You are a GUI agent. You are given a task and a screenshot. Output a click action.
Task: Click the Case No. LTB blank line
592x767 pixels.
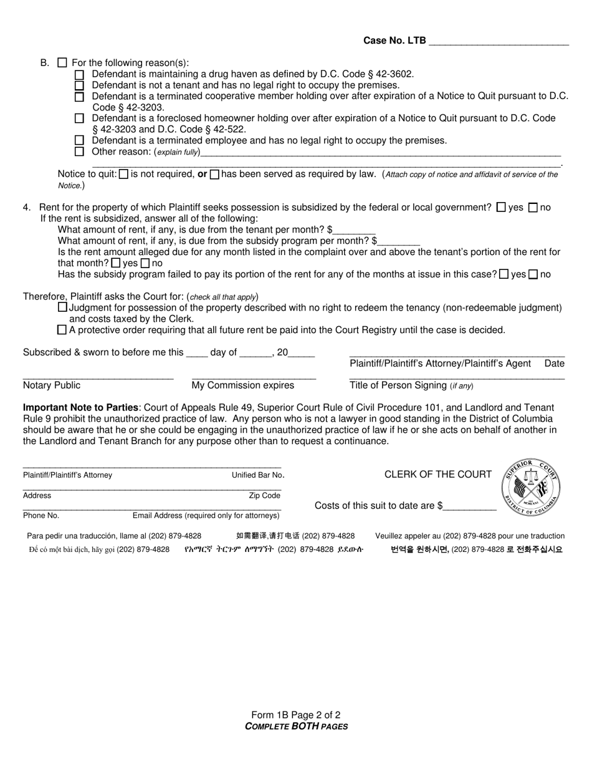click(x=499, y=42)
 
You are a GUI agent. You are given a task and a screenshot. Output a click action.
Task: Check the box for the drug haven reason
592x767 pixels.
click(x=79, y=74)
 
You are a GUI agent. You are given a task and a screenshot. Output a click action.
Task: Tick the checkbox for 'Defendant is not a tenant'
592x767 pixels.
click(x=79, y=85)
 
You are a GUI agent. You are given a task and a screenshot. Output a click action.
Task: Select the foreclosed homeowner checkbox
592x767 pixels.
click(x=79, y=118)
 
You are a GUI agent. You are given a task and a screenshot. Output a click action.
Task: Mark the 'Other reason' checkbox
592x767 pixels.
click(x=79, y=152)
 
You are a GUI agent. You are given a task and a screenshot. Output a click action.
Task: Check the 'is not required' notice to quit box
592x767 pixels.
click(x=123, y=175)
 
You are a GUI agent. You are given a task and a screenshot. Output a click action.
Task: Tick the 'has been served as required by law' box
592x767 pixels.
click(x=214, y=175)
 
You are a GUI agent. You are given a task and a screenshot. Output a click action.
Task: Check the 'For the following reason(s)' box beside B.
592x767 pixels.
click(x=62, y=63)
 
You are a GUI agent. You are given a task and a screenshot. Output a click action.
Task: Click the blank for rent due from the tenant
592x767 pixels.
click(x=355, y=230)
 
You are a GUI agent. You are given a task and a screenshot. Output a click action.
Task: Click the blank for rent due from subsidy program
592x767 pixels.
click(x=399, y=241)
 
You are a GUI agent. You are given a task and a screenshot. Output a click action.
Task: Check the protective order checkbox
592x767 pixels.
click(x=62, y=330)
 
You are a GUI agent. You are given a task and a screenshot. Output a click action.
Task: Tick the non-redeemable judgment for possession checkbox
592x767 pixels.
click(x=62, y=307)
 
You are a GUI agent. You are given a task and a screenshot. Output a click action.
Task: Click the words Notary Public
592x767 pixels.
click(x=52, y=385)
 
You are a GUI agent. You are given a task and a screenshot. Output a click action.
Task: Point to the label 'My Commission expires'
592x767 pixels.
click(x=243, y=385)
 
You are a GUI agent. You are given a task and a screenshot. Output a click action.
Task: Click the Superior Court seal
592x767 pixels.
click(x=531, y=488)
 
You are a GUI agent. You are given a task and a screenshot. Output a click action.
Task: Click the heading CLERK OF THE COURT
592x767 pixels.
click(x=438, y=475)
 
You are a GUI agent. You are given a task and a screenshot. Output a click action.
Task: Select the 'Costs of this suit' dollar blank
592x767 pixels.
click(x=470, y=506)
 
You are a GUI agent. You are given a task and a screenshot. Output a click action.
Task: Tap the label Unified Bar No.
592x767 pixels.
click(x=256, y=475)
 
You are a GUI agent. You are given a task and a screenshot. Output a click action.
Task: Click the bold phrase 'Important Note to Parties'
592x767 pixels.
click(x=81, y=408)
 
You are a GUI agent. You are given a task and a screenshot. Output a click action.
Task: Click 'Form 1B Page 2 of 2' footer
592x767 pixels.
click(x=296, y=715)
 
